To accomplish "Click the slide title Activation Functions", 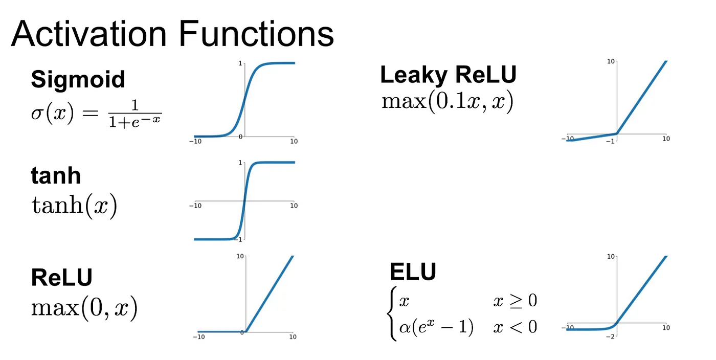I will coord(172,34).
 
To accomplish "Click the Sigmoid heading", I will coord(78,79).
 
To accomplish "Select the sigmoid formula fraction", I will coord(135,114).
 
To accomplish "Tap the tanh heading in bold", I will coord(56,175).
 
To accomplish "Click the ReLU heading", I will coord(61,278).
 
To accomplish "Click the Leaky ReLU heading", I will coord(448,75).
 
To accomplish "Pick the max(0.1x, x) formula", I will coord(447,101).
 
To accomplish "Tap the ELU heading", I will coord(413,272).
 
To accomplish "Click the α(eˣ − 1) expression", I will coord(436,327).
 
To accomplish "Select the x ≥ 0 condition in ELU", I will coord(514,301).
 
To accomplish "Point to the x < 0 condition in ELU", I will coord(514,327).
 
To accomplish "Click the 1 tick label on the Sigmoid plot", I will coord(240,63).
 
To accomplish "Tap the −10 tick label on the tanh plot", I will coord(195,206).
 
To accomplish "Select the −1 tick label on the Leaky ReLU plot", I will coord(610,141).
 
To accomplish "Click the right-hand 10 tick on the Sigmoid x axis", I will coord(294,141).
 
